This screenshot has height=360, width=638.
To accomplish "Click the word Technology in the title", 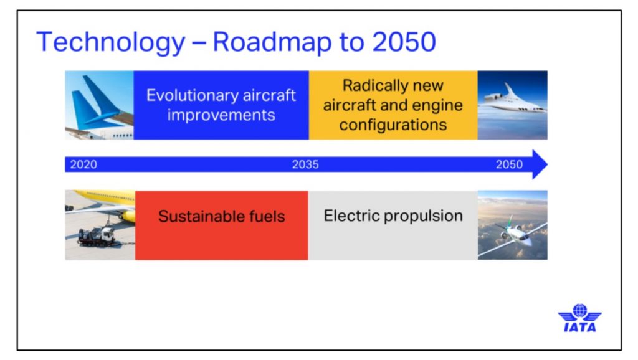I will (x=111, y=43).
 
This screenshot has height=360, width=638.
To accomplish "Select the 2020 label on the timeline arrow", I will (x=83, y=165).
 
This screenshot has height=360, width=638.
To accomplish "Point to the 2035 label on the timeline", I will (x=305, y=165).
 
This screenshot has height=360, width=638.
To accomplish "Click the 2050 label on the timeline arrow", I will (x=509, y=165).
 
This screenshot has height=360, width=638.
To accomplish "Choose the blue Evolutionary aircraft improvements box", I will (x=221, y=105).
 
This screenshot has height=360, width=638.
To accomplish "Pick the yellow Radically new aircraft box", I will (x=393, y=105).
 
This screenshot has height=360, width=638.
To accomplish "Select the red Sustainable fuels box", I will (x=221, y=225).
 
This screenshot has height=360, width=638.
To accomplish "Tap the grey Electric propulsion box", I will (x=393, y=225).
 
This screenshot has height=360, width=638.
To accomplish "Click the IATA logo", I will (x=579, y=318).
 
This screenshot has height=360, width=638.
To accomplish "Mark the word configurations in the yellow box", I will (x=393, y=125).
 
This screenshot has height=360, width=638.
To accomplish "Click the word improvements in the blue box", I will (x=221, y=115).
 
